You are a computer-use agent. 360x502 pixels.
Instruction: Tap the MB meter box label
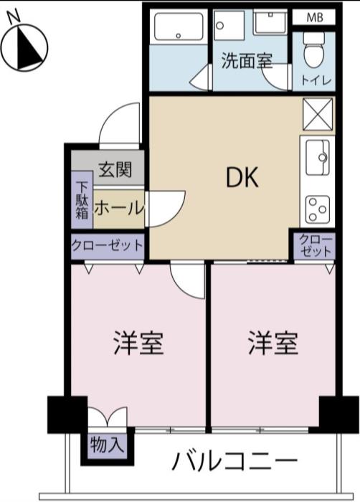(x=315, y=17)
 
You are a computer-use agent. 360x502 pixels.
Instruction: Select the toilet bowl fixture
(x=313, y=50)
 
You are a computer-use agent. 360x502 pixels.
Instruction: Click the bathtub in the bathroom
(x=179, y=27)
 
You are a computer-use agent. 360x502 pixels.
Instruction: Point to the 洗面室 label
(x=247, y=60)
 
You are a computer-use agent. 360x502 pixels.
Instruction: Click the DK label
(x=242, y=178)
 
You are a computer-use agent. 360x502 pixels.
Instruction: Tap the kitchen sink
(x=318, y=158)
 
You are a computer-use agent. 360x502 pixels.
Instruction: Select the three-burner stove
(x=318, y=209)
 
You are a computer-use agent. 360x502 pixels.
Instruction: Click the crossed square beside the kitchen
(x=318, y=114)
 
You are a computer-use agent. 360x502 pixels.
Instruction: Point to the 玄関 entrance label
(x=115, y=169)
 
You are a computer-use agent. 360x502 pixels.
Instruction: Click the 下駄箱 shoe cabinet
(x=82, y=200)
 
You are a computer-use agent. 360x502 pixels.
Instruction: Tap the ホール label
(x=119, y=208)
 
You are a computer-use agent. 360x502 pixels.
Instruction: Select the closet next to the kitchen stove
(x=315, y=246)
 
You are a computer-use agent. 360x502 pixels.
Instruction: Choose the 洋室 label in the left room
(x=138, y=344)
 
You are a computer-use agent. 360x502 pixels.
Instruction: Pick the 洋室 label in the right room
(x=273, y=344)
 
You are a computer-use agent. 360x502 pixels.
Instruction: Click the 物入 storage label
(x=108, y=445)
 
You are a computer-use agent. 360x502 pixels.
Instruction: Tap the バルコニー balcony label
(x=235, y=461)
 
